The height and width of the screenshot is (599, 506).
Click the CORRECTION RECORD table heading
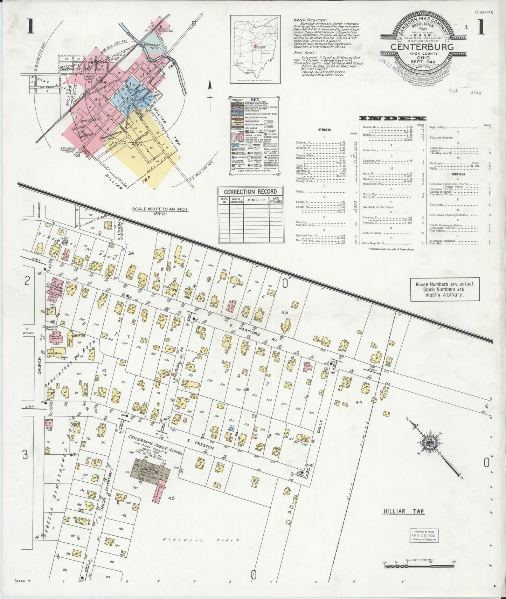pyautogui.click(x=250, y=192)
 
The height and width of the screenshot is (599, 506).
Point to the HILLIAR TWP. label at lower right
pyautogui.click(x=403, y=512)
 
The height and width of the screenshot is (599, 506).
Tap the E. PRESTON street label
pyautogui.click(x=200, y=443)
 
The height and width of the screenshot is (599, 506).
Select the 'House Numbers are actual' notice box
pyautogui.click(x=445, y=289)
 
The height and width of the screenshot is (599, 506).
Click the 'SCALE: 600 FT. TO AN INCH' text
pyautogui.click(x=159, y=209)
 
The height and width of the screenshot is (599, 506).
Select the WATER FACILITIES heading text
pyautogui.click(x=311, y=20)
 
